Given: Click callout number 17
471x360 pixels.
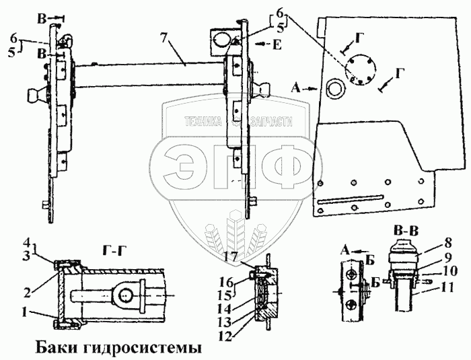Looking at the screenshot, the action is pos(231,256).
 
